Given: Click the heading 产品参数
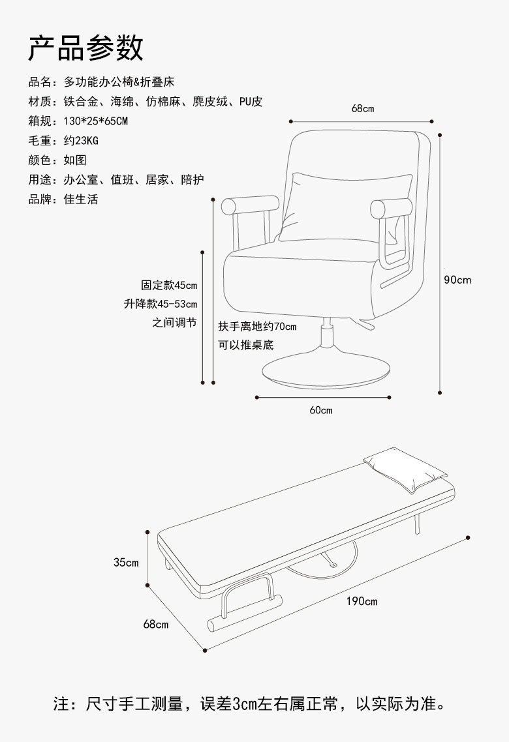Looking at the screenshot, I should [x=85, y=48].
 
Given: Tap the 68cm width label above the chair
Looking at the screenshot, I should [x=363, y=109].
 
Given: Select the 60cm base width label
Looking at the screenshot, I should [x=320, y=410].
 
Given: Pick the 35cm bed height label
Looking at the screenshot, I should [x=125, y=562].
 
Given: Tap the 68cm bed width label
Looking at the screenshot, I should [x=155, y=625].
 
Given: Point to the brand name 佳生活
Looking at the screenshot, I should [x=81, y=200].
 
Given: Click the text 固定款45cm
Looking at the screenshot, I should [x=169, y=285].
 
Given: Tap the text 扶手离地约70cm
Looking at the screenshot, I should [x=257, y=326].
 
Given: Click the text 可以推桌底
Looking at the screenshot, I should [x=245, y=345].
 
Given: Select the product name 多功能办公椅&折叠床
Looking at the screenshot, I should [x=119, y=82].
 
